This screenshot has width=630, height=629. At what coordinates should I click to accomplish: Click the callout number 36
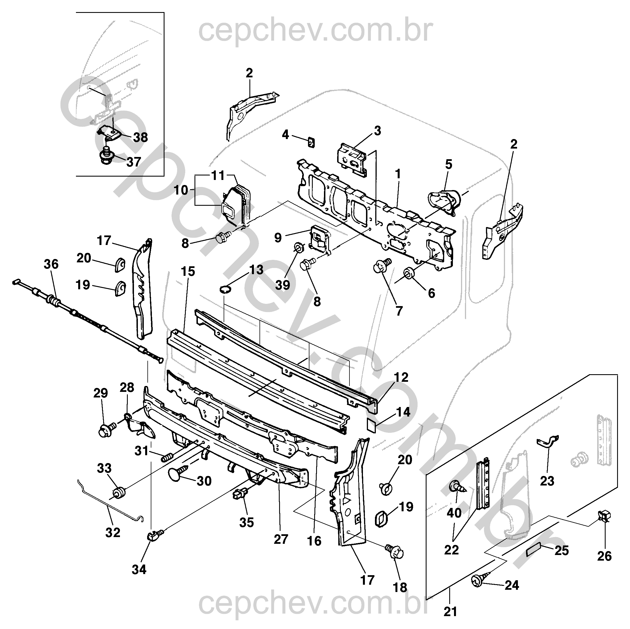pyautogui.click(x=51, y=264)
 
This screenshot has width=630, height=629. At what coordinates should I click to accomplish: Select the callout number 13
pyautogui.click(x=256, y=270)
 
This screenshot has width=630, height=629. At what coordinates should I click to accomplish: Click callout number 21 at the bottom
pyautogui.click(x=450, y=612)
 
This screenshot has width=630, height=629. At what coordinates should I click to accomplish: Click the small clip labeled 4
pyautogui.click(x=311, y=142)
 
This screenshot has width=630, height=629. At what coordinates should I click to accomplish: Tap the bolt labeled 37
pyautogui.click(x=105, y=156)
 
